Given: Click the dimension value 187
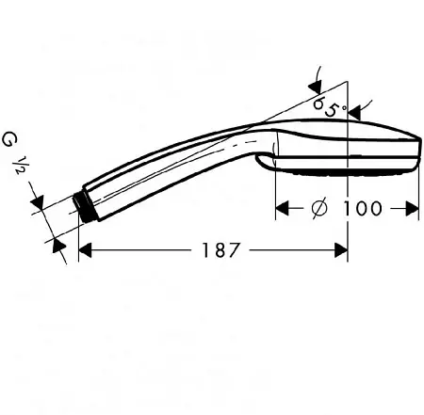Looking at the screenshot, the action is click(220, 249).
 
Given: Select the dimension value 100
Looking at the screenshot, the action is click(362, 208).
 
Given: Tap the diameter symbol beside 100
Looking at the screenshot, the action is click(319, 208).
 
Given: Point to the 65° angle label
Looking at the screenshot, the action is click(330, 107).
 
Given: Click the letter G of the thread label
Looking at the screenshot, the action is click(10, 139).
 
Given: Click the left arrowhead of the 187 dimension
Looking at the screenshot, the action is click(85, 250).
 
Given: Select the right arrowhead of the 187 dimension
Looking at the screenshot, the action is click(341, 250).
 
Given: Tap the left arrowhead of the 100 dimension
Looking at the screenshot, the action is click(282, 208).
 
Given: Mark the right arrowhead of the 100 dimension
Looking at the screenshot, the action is click(412, 208).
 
